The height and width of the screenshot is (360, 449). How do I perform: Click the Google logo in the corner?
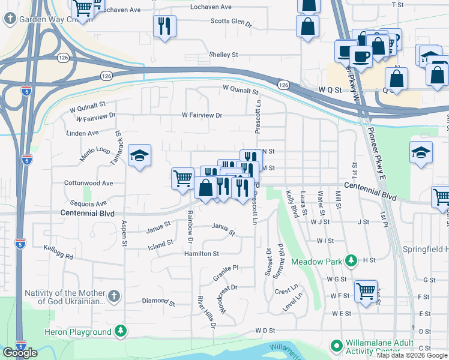coord(20,353)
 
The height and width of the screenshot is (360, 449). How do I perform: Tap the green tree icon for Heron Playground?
coord(121,331)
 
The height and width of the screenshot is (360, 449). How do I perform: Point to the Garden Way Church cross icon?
coord(10,19)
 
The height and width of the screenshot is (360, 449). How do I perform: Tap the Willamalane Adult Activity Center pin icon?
coord(336,346)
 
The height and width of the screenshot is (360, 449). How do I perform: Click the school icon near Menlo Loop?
coord(140,157)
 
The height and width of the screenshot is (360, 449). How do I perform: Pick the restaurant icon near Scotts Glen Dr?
coord(164,26)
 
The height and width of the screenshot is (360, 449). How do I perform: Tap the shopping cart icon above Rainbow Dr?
coord(182,178)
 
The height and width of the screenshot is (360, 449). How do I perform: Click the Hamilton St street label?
coord(202,254)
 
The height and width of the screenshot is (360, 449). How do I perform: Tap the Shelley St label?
coord(223,55)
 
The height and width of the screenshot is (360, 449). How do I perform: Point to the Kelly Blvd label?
coord(292,204)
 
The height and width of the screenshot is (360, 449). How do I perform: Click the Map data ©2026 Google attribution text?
coord(412,355)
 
